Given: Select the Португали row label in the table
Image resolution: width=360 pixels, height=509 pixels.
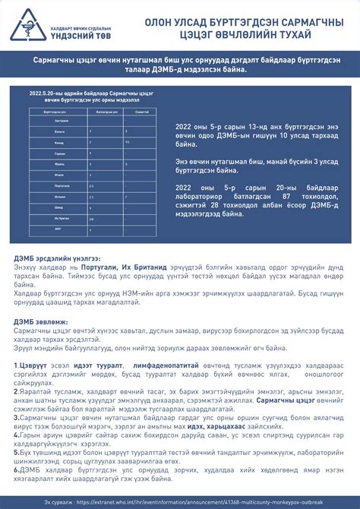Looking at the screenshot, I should (x=42, y=185).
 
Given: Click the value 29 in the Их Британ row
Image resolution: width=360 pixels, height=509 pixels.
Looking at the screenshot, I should (x=91, y=218).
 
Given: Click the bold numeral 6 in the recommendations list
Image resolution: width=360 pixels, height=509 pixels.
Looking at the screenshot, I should (x=16, y=468).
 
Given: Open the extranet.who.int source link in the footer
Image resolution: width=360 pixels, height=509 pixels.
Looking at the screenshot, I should (x=190, y=502).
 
